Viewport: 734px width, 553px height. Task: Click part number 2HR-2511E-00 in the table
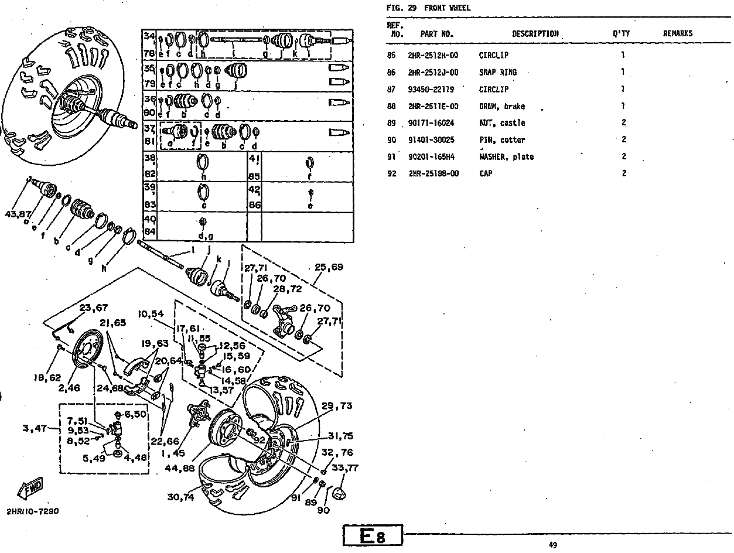[433, 107]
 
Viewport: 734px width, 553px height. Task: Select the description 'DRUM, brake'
[501, 107]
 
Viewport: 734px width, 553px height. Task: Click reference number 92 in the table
[392, 174]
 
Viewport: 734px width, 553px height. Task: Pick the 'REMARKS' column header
[677, 34]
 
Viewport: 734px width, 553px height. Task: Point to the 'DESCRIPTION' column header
[535, 34]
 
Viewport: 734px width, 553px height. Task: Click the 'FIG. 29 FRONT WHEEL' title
[428, 8]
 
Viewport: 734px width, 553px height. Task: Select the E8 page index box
[373, 535]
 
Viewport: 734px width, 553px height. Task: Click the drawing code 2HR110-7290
[33, 511]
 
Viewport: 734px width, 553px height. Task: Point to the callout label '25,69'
[329, 267]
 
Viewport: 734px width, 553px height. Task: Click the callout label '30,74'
[181, 497]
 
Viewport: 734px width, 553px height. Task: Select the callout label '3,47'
[35, 429]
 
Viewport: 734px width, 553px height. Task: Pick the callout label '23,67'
[94, 308]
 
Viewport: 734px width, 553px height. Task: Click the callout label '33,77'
[345, 467]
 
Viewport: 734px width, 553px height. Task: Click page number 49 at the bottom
[552, 545]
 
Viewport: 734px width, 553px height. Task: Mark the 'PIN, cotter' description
[501, 140]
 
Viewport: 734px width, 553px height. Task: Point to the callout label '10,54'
[151, 314]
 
